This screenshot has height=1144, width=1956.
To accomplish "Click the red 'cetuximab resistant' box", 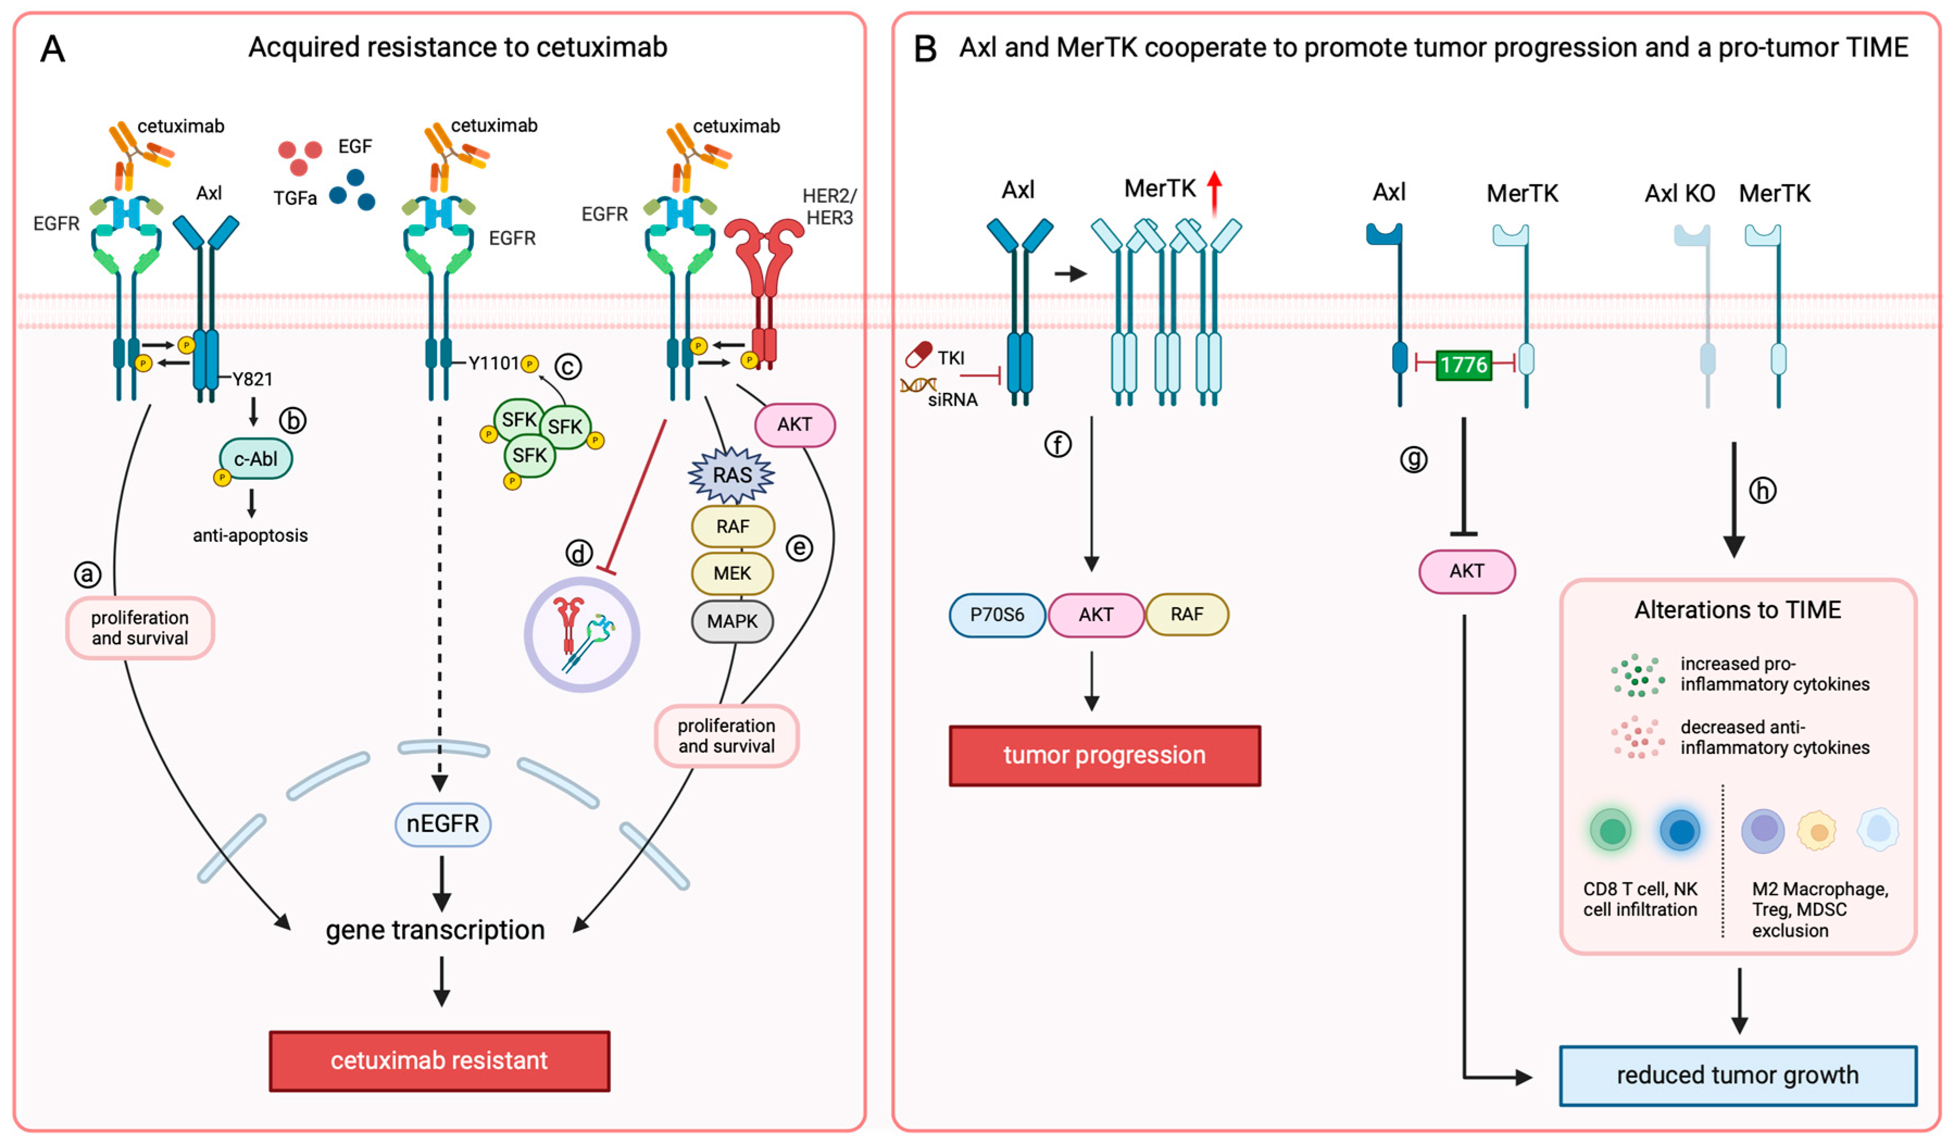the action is point(440,1061).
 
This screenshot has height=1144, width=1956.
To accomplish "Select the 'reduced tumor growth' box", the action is point(1738,1075).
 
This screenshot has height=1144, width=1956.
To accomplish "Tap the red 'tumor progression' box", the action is point(1105,756).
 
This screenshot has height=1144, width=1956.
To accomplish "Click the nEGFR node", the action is point(442,823).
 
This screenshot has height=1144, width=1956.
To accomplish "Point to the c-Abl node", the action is point(255,459).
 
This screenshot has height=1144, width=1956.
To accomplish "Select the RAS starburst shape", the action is point(731,475).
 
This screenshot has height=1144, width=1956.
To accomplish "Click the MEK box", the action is point(732,573).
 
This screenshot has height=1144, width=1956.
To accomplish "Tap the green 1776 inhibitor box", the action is point(1464,364).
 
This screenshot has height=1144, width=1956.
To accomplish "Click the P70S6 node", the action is point(998,615).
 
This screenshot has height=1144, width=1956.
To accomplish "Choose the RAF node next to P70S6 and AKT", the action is point(1187,615).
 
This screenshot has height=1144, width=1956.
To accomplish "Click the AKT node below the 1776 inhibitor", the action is point(1467,571).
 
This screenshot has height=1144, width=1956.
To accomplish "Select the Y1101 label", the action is point(494,362).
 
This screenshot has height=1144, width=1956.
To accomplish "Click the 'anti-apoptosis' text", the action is point(250,535).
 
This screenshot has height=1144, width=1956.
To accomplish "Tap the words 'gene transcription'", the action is point(435,930).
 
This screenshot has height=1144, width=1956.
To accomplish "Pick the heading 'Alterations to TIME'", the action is point(1738,609).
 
